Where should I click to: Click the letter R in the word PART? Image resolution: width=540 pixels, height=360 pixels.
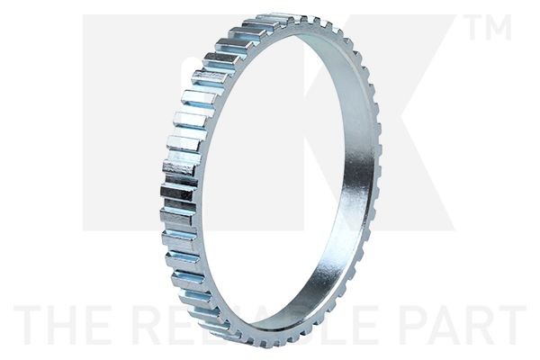pos(477,326)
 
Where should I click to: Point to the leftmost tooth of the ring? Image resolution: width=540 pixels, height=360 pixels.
pos(167,193)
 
